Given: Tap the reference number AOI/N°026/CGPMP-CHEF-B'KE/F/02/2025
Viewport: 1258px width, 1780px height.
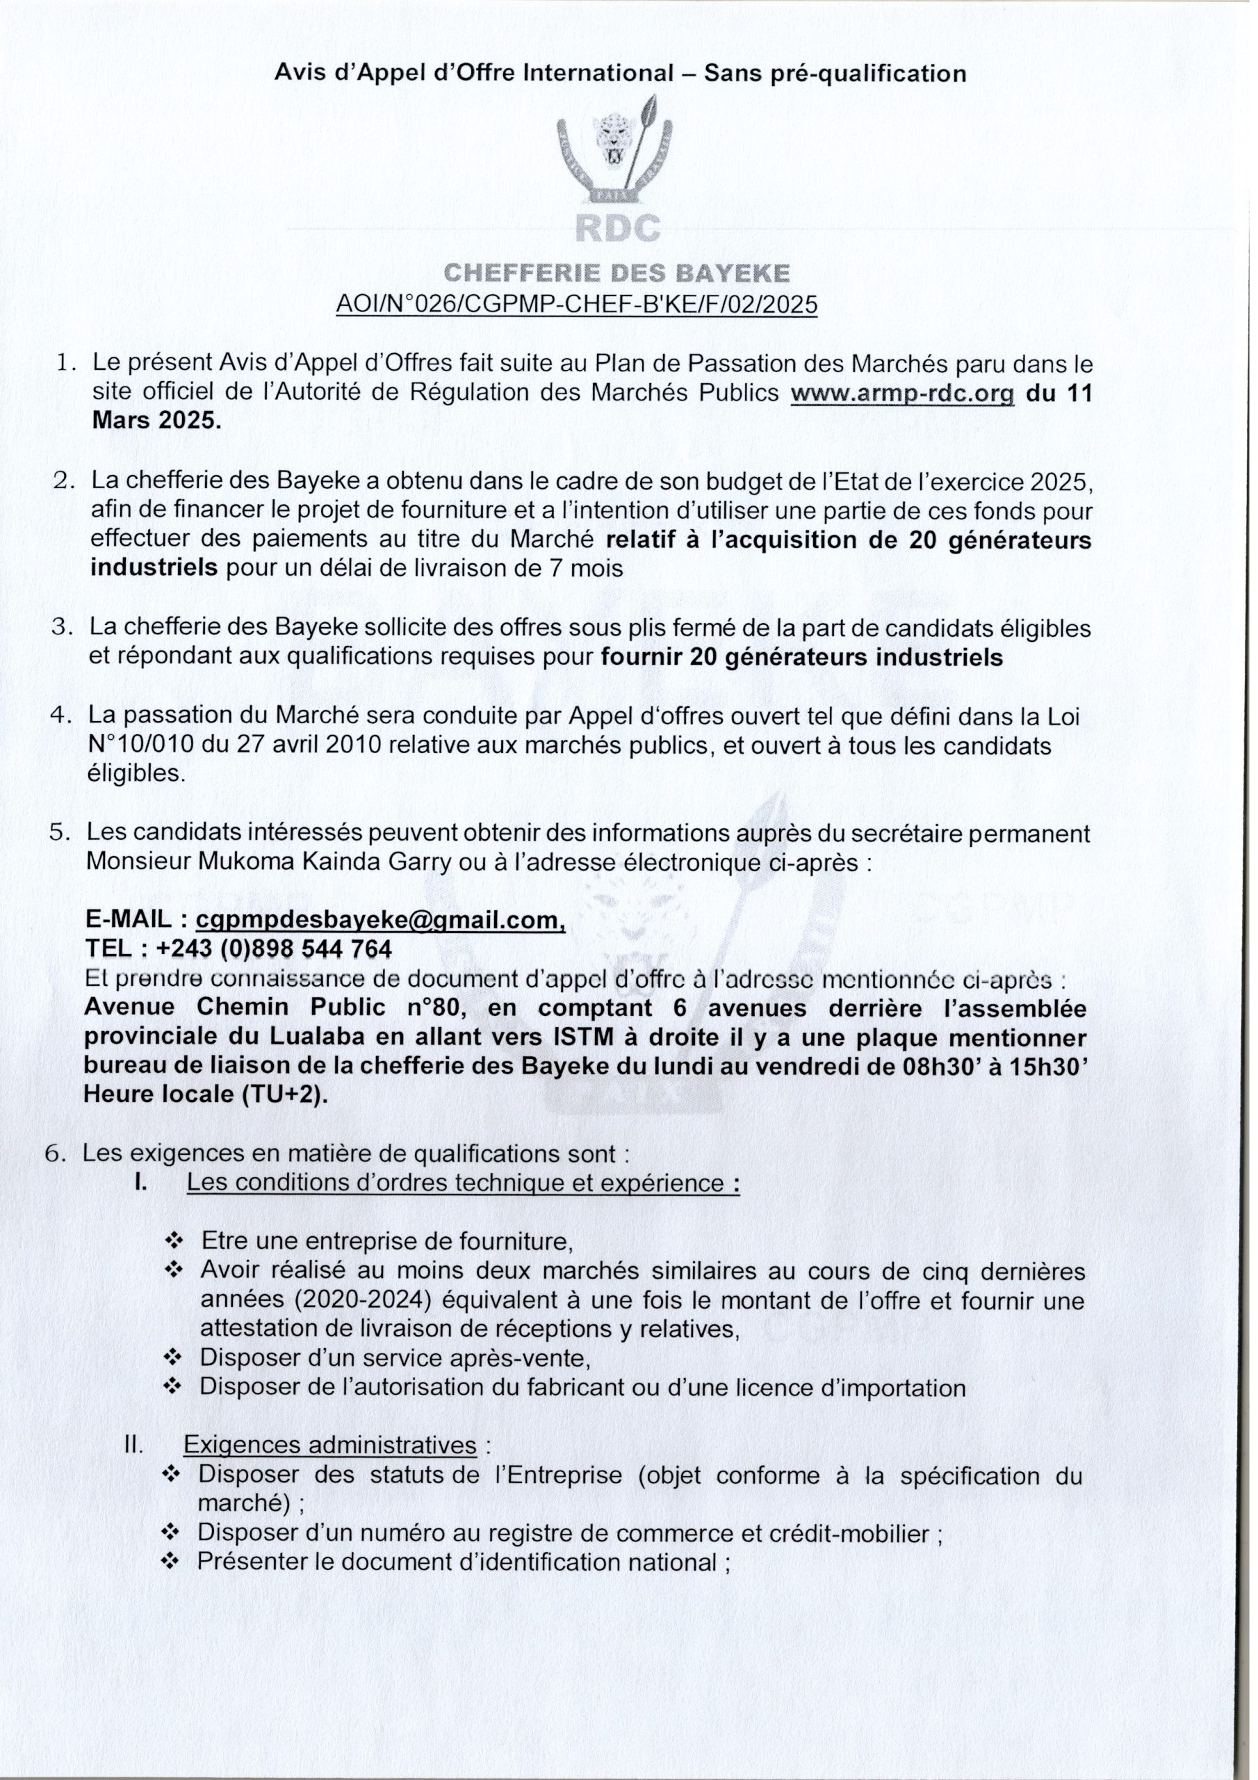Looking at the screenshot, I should click(576, 304).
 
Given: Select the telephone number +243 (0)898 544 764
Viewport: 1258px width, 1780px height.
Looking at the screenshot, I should click(274, 948).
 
